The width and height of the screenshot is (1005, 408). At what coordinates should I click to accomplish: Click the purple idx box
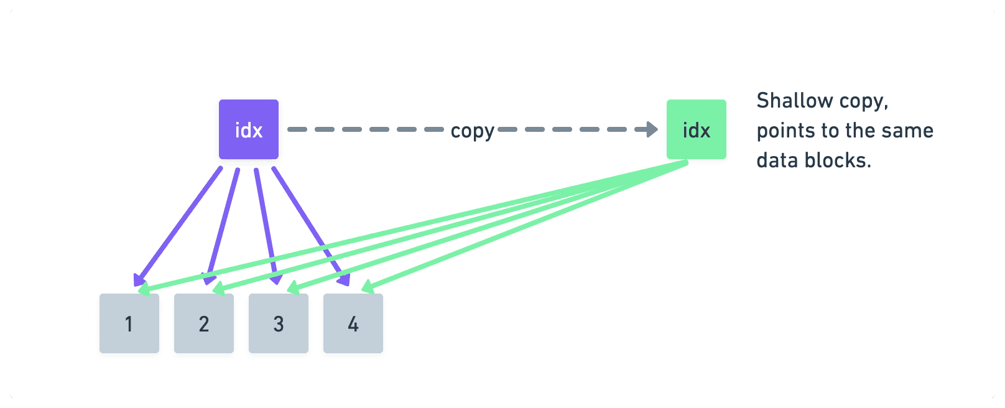[x=249, y=129]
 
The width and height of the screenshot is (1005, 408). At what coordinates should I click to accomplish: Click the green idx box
[x=696, y=129]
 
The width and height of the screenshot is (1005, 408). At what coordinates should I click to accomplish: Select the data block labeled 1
[x=129, y=323]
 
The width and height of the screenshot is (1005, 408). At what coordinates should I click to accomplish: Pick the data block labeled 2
[x=204, y=323]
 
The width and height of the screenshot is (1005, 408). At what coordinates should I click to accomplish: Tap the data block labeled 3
[x=279, y=323]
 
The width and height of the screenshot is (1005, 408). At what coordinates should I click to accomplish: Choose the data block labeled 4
[x=353, y=323]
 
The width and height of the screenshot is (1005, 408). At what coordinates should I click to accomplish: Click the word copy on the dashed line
[x=472, y=131]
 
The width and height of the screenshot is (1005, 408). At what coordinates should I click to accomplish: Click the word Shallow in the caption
[x=794, y=101]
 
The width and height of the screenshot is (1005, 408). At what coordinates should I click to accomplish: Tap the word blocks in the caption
[x=838, y=160]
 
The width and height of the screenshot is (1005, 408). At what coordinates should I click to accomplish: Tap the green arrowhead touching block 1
[x=144, y=289]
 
